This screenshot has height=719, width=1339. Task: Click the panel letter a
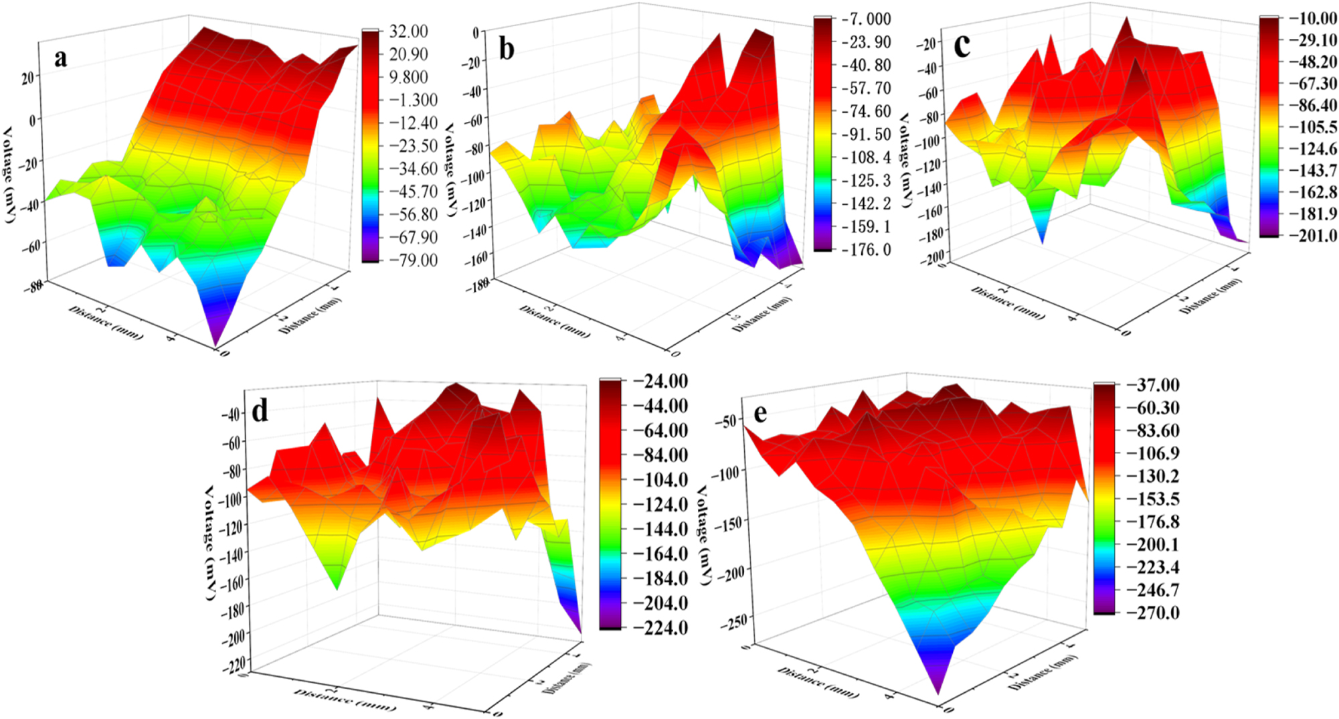[61, 59]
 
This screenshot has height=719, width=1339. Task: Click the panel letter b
[507, 50]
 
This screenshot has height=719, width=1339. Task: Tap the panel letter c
[962, 46]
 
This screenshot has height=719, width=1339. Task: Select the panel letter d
[260, 410]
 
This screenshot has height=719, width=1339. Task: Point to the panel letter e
[760, 414]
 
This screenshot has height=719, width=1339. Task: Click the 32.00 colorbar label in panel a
[408, 31]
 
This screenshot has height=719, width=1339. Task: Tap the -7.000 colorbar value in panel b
[866, 19]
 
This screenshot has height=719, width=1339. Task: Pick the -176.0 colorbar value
[866, 250]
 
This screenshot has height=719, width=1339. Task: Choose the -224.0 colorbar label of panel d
[660, 628]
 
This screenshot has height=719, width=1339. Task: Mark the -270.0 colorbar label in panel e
[1153, 613]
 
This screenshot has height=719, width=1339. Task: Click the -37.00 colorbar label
[1153, 385]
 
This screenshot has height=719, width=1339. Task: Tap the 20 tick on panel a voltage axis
[27, 78]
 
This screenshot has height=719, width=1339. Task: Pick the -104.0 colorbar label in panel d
[660, 480]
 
